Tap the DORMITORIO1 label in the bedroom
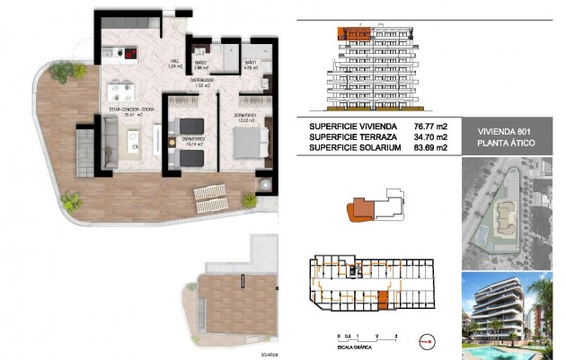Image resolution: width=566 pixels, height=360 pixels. point(247,116)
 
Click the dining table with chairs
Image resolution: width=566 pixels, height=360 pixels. point(121,91)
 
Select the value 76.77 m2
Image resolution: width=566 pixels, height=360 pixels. point(429,127)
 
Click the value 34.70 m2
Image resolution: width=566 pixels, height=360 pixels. point(429,137)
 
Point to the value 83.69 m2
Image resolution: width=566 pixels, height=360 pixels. point(429,148)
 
